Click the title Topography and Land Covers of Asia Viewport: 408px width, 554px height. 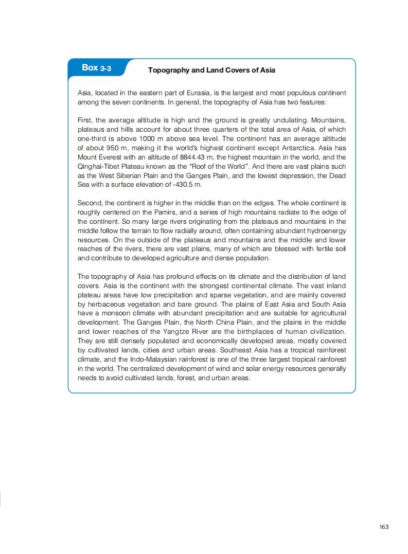(211, 70)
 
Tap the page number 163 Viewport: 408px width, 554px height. (383, 526)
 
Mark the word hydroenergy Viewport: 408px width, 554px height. (326, 231)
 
